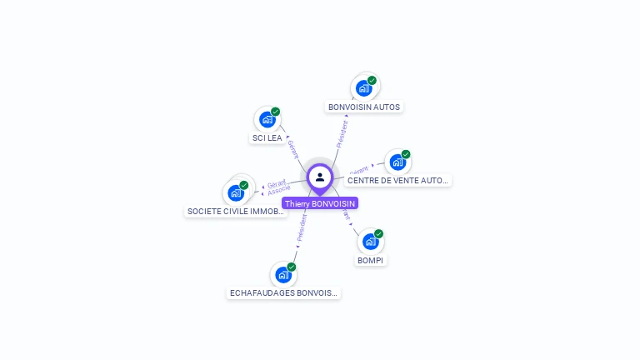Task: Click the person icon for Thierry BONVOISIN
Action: tap(320, 177)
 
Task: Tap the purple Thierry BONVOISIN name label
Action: tap(320, 203)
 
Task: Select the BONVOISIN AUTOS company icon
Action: tap(363, 87)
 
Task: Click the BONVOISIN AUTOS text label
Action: tap(364, 107)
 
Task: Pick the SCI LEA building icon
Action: tap(267, 119)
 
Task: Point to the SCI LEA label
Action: tap(267, 137)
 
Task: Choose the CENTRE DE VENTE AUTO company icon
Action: tap(397, 162)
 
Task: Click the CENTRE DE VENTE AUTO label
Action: tap(397, 180)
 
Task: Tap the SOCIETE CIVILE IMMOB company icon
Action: tap(236, 193)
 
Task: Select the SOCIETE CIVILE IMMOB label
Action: tap(236, 212)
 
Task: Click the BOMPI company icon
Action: tap(370, 242)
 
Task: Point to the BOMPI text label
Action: tap(371, 260)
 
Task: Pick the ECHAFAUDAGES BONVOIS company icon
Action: tap(283, 274)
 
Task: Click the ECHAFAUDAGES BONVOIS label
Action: tap(283, 293)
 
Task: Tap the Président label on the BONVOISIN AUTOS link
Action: tap(342, 134)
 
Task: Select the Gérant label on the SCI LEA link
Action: tap(292, 148)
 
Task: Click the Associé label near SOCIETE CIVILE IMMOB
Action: tap(278, 191)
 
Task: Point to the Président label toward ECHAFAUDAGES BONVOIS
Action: tap(302, 227)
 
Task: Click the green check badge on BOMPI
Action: tap(378, 234)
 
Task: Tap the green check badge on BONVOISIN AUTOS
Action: tap(372, 80)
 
